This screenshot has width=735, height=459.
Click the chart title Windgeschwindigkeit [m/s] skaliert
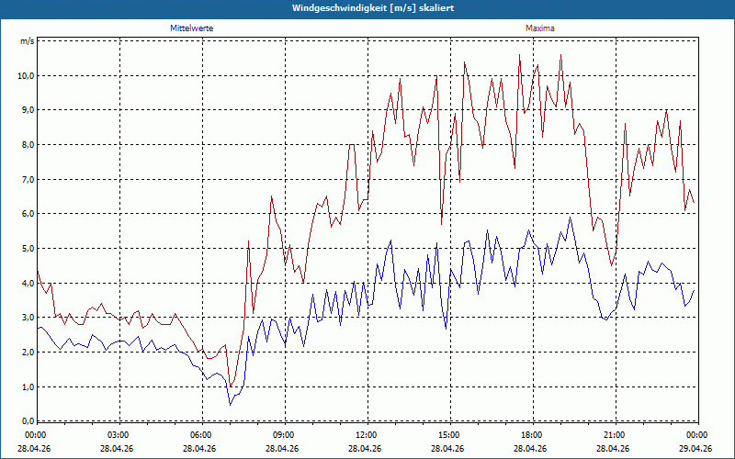pos(373,8)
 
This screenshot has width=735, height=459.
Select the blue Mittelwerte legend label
pos(192,28)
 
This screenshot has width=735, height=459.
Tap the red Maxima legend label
pos(540,28)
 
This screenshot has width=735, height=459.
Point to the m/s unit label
pos(28,40)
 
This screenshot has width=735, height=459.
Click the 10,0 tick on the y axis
pos(26,75)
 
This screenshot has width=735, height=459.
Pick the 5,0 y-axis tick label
pos(28,248)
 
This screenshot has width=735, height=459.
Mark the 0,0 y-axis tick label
pos(28,421)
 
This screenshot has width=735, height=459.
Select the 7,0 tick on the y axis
pos(28,179)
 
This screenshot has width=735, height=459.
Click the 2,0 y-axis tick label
pos(28,353)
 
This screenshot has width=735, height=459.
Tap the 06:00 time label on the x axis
pos(202,435)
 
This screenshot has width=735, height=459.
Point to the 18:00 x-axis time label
pos(534,435)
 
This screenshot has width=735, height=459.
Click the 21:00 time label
pos(616,435)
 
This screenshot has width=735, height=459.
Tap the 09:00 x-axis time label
pos(285,435)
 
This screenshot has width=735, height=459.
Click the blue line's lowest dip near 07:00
pos(231,405)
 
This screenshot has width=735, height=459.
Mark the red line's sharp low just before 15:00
pos(441,224)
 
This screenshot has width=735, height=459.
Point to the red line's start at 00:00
pos(38,271)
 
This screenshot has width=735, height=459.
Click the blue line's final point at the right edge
pos(694,290)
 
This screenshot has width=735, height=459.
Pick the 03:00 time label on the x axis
pos(120,435)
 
